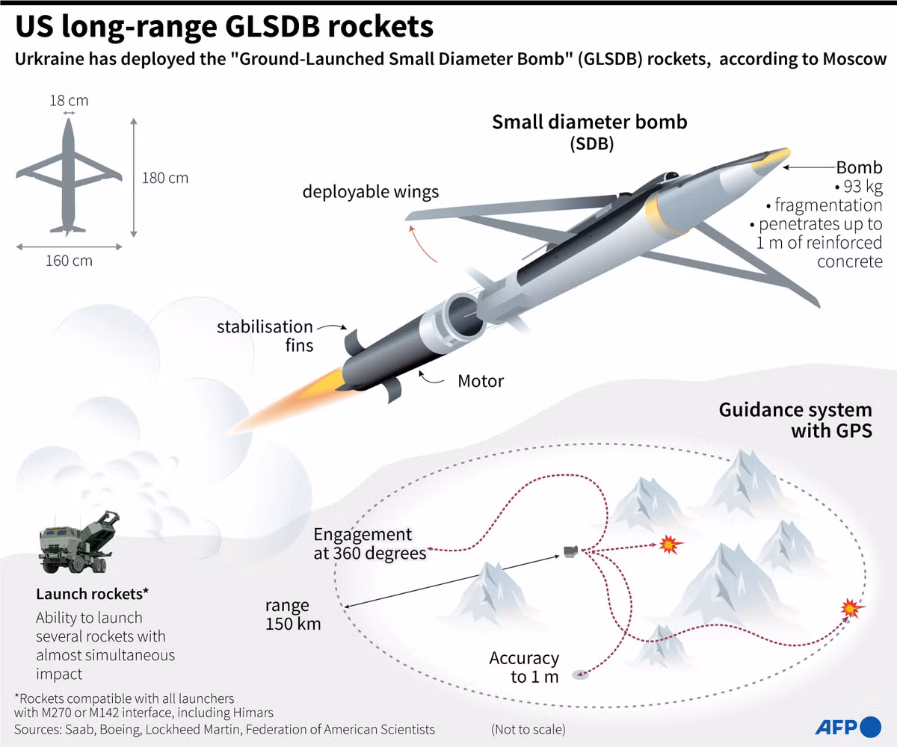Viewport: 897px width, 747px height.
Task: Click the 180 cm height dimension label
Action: [x=165, y=178]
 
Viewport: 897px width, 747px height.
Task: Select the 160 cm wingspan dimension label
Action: [x=69, y=261]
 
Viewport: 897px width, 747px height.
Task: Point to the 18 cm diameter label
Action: [x=68, y=100]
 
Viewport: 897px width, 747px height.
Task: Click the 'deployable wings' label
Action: [x=371, y=192]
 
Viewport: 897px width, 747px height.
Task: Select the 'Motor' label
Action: [x=481, y=381]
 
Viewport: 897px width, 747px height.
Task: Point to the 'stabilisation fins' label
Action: [x=265, y=335]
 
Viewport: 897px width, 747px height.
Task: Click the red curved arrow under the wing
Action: [x=423, y=242]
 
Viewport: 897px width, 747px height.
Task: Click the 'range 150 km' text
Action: [x=292, y=615]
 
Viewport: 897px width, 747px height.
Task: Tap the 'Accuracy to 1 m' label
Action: [x=524, y=667]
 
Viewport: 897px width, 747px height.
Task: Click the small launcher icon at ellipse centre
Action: [x=570, y=552]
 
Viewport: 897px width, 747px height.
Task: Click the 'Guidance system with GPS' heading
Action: [x=795, y=420]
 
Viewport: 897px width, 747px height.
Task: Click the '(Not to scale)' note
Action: [x=528, y=729]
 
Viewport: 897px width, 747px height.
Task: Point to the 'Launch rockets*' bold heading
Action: [x=93, y=594]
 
